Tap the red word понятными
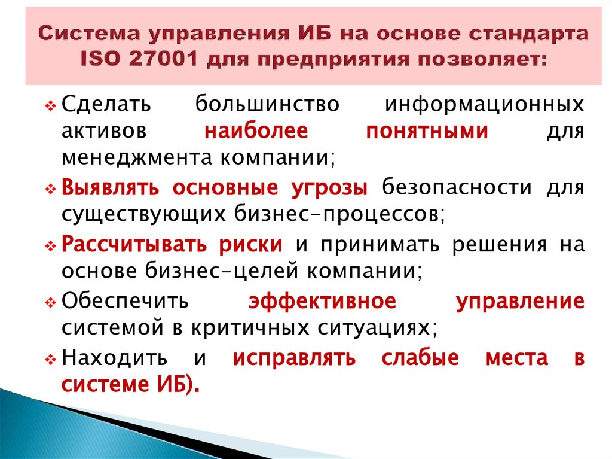coord(427,131)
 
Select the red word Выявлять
coord(109,188)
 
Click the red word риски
coord(254,245)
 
